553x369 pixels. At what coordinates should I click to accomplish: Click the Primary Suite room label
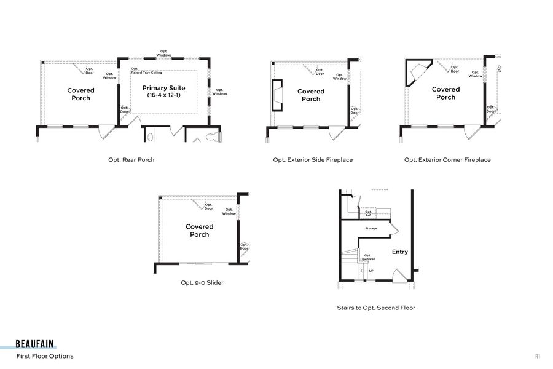pos(163,92)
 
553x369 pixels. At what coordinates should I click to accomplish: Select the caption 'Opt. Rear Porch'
pos(131,160)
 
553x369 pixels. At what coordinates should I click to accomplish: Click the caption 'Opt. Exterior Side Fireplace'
pos(313,160)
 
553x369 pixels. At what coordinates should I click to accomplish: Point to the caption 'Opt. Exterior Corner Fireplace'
pos(447,160)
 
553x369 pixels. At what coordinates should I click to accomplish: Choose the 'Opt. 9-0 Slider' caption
pos(202,283)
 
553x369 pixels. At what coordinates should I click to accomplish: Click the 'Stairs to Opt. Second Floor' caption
pos(375,307)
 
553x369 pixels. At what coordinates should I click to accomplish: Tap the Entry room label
pos(399,252)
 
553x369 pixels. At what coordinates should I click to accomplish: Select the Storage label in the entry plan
pos(371,228)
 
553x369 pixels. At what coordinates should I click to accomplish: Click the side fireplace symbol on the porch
pos(277,95)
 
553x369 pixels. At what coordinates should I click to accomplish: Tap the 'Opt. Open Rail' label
pos(367,257)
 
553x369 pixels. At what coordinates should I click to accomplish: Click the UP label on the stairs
pos(371,271)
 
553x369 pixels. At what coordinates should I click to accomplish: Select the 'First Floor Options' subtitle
pos(45,356)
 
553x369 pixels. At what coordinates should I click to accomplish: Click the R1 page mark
pos(537,356)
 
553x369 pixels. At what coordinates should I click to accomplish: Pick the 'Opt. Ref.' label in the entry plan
pos(367,213)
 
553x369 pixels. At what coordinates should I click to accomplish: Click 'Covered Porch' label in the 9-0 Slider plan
pos(199,231)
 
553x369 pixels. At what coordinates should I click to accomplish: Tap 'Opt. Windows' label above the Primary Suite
pos(164,54)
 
